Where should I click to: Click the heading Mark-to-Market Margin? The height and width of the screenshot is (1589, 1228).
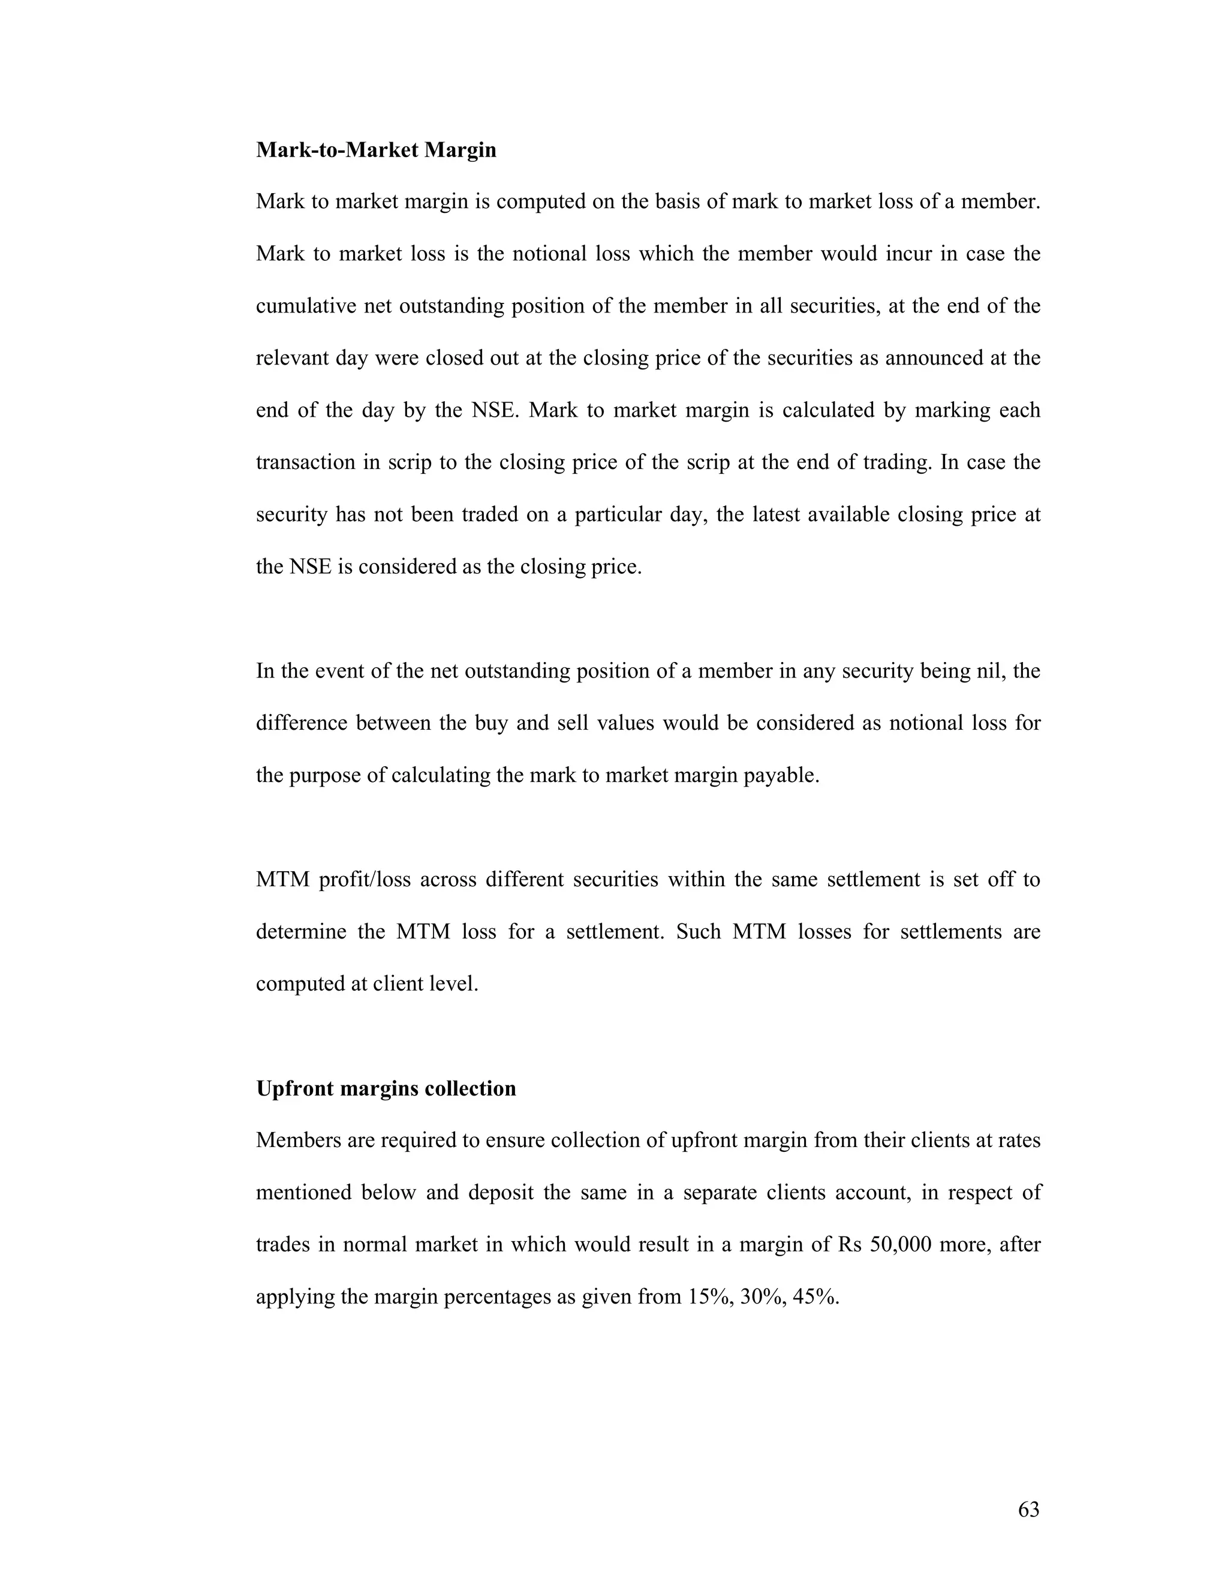click(x=376, y=150)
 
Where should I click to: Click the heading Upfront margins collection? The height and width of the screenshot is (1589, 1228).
click(x=386, y=1088)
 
